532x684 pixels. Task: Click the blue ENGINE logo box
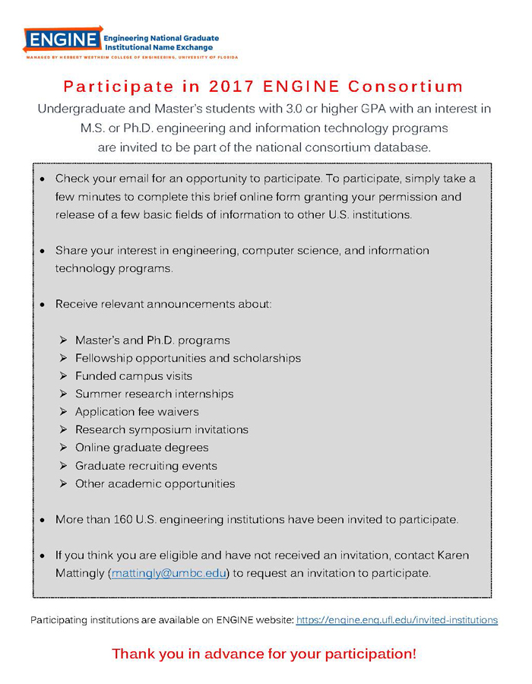[x=62, y=40]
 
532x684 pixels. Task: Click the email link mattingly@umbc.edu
[x=169, y=573]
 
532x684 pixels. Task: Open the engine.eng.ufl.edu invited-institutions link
[x=397, y=620]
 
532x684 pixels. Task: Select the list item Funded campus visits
[x=134, y=376]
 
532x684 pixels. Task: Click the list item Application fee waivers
[x=137, y=412]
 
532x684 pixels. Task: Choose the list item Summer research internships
[x=154, y=394]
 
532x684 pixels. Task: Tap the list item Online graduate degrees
[x=141, y=448]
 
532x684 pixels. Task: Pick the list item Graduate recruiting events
[x=146, y=466]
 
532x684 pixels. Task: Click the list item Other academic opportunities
[x=155, y=483]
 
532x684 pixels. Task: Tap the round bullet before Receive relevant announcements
[x=42, y=305]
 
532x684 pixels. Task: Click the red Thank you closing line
[x=264, y=654]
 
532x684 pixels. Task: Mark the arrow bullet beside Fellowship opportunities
[x=64, y=358]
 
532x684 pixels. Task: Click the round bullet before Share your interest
[x=42, y=251]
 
